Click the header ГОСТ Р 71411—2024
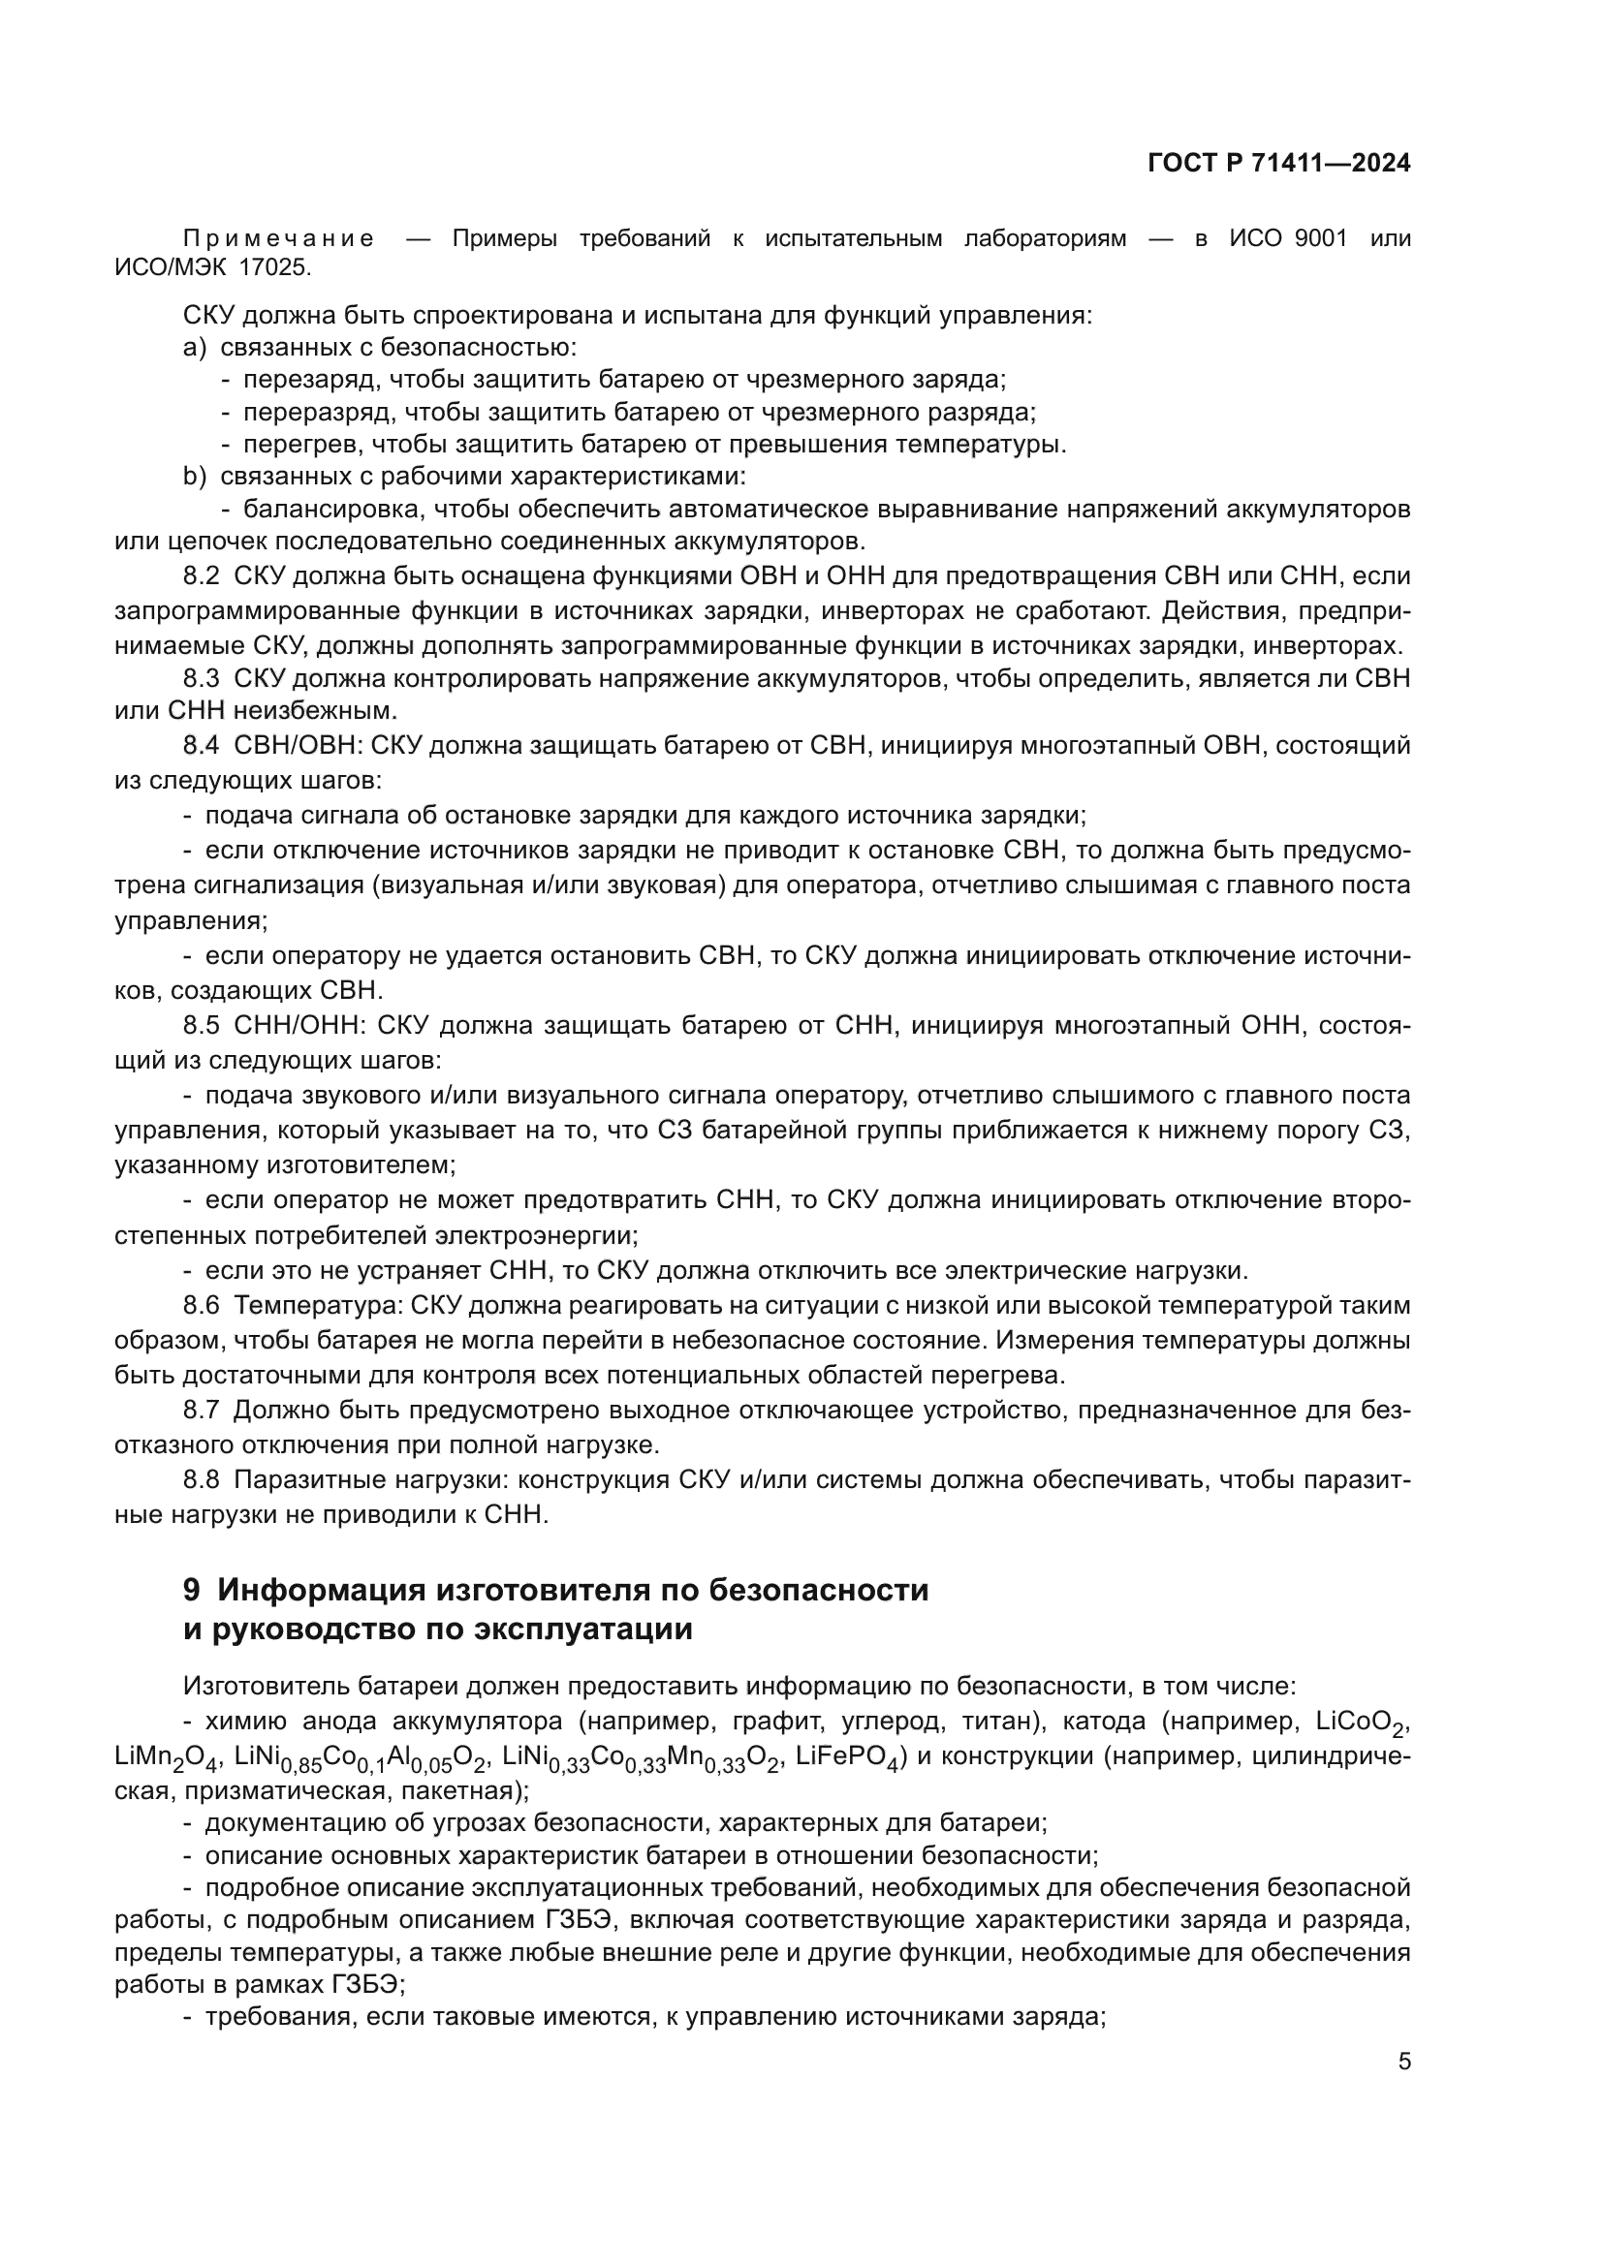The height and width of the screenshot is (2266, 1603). pos(1278,164)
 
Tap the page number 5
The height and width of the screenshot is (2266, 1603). pos(1403,2062)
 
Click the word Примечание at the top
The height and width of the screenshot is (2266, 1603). pos(279,239)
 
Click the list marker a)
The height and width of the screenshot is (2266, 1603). pos(195,348)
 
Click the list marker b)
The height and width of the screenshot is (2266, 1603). pos(195,477)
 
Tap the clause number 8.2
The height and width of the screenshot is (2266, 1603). pos(202,576)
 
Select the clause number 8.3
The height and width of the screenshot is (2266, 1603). pos(202,678)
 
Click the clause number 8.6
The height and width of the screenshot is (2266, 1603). pos(202,1306)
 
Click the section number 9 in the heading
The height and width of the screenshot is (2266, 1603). pos(193,1591)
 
